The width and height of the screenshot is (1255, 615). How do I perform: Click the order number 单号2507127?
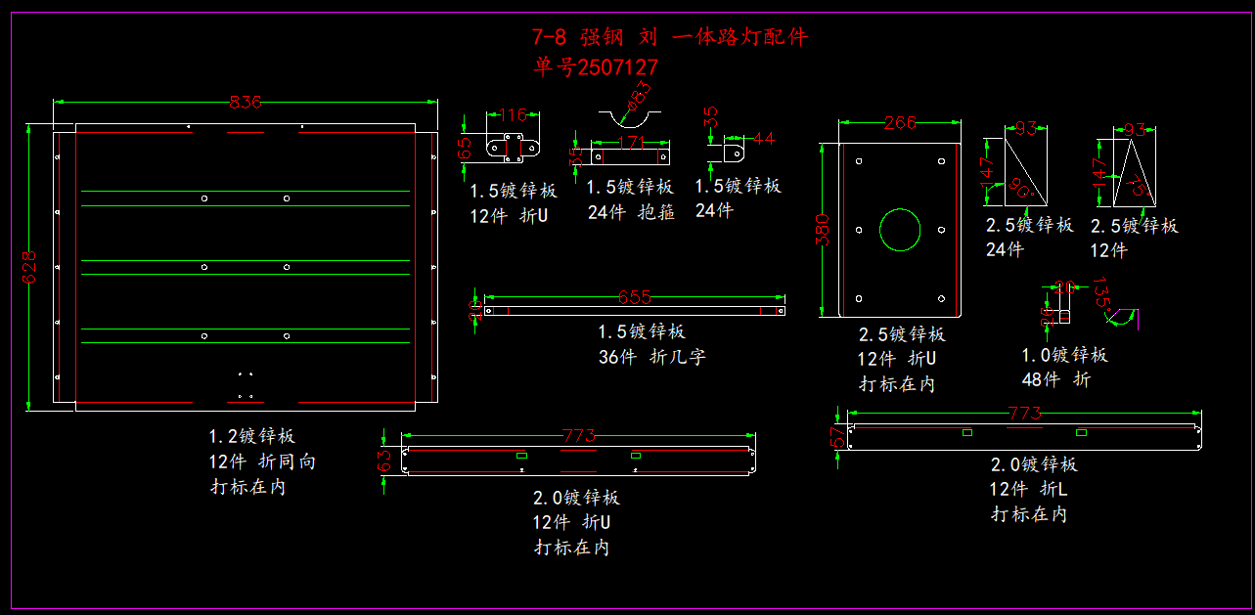[596, 67]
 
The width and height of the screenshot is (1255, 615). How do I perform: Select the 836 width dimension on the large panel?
[245, 102]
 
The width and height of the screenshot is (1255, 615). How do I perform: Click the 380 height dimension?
[824, 230]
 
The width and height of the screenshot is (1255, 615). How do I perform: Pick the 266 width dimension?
[900, 123]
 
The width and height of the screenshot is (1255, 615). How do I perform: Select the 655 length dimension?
[635, 297]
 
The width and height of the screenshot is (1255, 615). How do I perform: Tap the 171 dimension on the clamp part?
[632, 143]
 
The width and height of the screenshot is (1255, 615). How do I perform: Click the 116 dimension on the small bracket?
[514, 115]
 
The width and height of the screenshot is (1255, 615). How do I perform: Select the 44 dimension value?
[763, 139]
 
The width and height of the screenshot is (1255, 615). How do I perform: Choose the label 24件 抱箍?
[631, 211]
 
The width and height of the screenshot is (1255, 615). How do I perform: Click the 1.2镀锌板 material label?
[251, 436]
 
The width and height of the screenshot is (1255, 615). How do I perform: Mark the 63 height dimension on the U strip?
[384, 457]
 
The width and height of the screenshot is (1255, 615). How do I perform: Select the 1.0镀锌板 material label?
[1064, 355]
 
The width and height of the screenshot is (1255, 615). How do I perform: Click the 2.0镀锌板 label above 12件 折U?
[576, 498]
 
